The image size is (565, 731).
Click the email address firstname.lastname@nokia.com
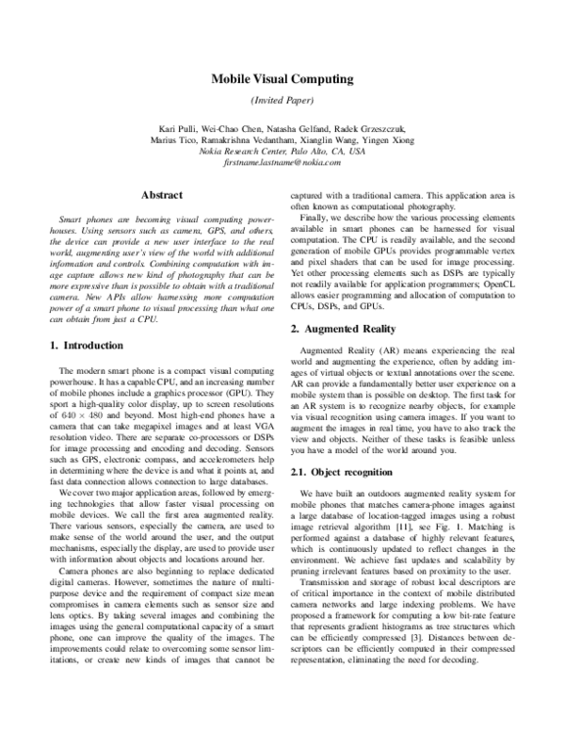pyautogui.click(x=282, y=163)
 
